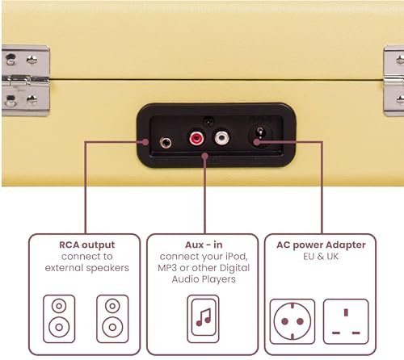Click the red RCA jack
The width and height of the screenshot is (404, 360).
coord(196,138)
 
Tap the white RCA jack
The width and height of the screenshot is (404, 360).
coord(222,138)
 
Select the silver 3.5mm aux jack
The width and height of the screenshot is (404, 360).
coord(166,142)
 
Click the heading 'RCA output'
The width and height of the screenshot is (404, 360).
coord(87,245)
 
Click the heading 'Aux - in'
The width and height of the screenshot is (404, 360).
coord(204,245)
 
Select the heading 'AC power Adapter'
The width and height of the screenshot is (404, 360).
coord(321,245)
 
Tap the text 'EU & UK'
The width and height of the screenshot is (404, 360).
coord(321,256)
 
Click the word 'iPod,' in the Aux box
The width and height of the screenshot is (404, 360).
coord(235,257)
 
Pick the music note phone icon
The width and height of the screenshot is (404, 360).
coord(203,319)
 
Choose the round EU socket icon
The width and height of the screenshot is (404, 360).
coord(292,321)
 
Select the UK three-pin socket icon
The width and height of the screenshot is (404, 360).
coord(346,321)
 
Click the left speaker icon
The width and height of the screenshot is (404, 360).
coord(59,319)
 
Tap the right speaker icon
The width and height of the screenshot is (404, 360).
coord(112,319)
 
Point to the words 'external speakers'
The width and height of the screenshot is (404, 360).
coord(87,268)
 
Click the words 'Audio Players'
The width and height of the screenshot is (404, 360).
coord(204,279)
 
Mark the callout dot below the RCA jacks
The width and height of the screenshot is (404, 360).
coord(205,156)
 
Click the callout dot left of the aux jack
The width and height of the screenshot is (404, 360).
coord(145,142)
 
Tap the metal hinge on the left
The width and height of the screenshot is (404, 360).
coord(26,81)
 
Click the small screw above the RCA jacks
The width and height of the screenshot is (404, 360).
coord(208,121)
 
